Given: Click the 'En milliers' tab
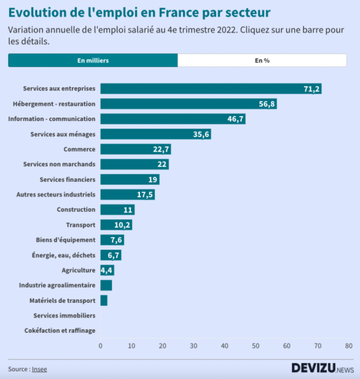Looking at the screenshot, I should point(93,61).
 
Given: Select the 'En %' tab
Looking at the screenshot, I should point(262,61).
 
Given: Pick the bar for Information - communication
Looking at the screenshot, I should point(172,119).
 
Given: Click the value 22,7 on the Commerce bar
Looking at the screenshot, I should point(161,149).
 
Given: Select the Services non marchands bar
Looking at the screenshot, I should point(134,165).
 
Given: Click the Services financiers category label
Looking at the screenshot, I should point(67,179).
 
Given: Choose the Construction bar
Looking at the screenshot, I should point(117,210).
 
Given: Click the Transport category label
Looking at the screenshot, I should point(80,225).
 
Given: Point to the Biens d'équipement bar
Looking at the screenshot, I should point(111,240).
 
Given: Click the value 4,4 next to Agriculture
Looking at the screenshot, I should point(107,270).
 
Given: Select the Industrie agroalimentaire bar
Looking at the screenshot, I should point(106,285).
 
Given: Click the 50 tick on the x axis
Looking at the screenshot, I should point(255,346).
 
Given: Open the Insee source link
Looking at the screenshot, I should point(39,369).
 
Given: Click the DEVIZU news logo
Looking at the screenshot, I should point(321,369).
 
